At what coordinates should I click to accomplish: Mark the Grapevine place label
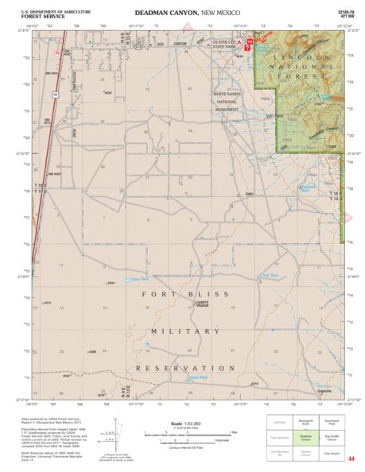click(321, 390)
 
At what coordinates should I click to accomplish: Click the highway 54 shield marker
click(56, 94)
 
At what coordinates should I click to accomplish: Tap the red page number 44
click(351, 458)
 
